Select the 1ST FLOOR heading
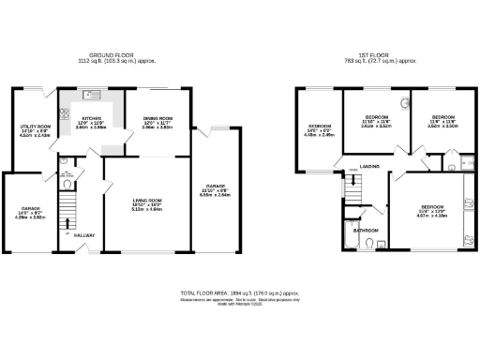[x=380, y=54]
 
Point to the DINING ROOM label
[x=159, y=118]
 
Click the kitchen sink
[x=90, y=95]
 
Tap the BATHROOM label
[x=367, y=230]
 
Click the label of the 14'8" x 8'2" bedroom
[x=319, y=127]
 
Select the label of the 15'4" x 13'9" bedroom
[x=432, y=208]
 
